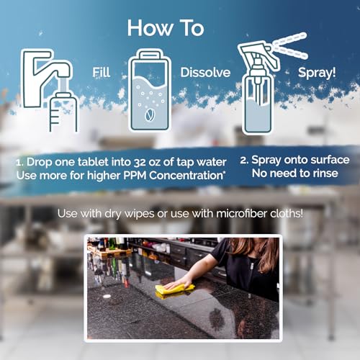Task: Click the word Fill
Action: pos(102,72)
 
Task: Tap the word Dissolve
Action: pos(205,73)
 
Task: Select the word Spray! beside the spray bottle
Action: pos(317,73)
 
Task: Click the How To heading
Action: pos(166,28)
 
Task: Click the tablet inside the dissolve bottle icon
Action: pos(150,115)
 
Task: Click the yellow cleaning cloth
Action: pos(175,289)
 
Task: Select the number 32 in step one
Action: pos(140,162)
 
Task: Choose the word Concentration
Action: pos(186,176)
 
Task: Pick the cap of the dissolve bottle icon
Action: pos(150,55)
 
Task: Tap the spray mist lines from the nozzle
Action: pos(291,46)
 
